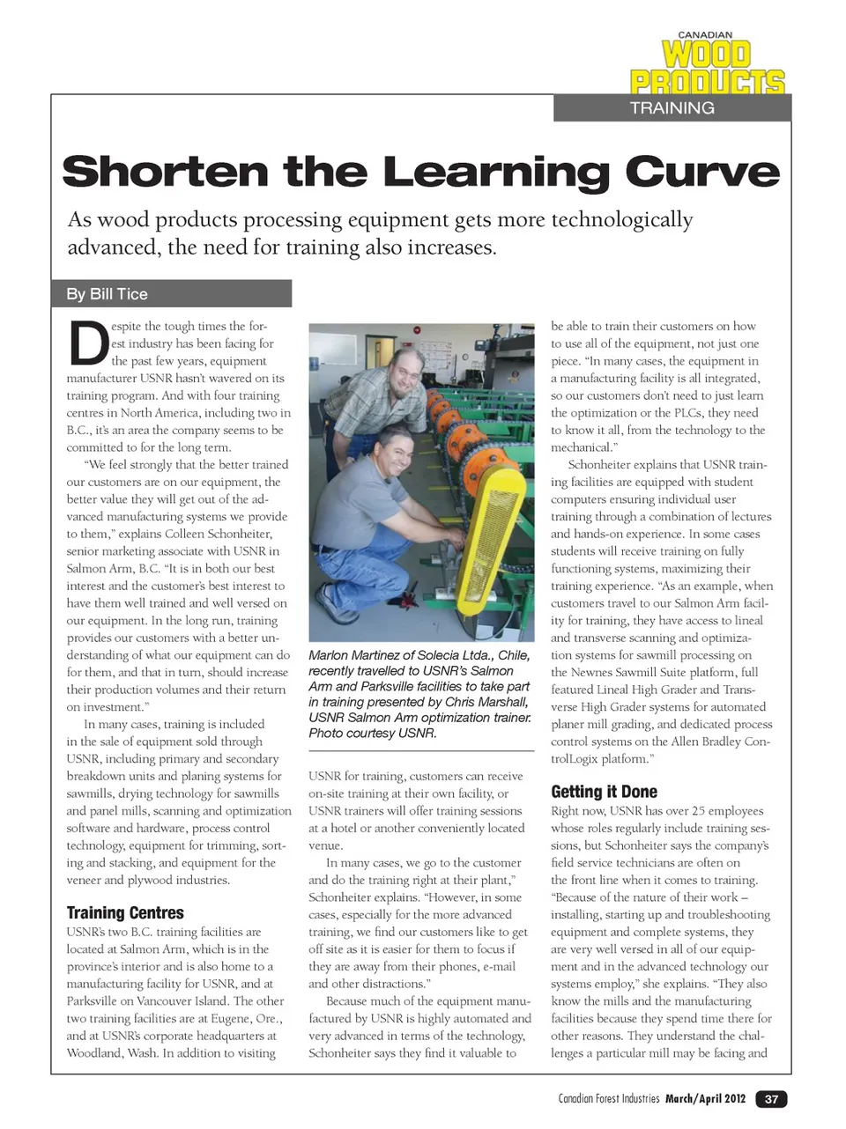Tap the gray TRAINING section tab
(x=672, y=108)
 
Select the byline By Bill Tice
(x=108, y=294)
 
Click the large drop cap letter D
(x=87, y=344)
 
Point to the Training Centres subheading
(x=125, y=912)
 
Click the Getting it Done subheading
(x=604, y=792)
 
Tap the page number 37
(x=771, y=1099)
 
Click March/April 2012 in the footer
(x=705, y=1099)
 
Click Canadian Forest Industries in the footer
(x=608, y=1099)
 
